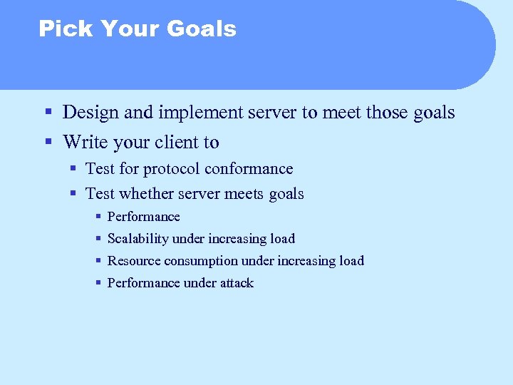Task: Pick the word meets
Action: (245, 194)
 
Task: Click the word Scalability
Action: (138, 239)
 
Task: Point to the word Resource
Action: (132, 261)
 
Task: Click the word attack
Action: (236, 283)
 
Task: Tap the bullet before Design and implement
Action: (48, 113)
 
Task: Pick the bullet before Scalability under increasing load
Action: (98, 239)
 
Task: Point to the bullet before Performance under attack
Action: (98, 283)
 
